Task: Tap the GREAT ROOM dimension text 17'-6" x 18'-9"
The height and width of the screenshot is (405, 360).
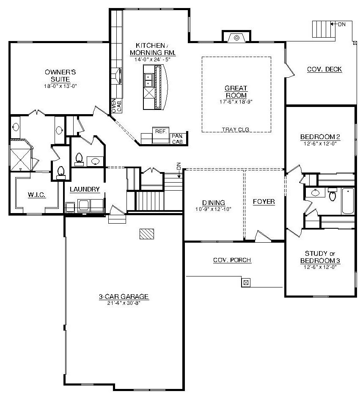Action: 236,101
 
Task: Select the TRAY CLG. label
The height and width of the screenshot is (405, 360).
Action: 236,129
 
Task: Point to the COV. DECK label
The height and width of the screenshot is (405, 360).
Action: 324,69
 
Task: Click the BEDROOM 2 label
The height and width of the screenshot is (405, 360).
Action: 320,137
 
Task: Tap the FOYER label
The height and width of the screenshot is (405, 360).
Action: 264,202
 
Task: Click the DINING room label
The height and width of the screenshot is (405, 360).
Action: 213,202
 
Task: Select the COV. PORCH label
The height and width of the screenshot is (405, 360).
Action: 232,260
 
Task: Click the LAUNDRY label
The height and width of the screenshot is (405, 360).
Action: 85,189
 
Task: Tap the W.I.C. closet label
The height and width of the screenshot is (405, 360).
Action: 37,194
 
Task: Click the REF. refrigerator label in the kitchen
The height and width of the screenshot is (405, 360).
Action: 160,131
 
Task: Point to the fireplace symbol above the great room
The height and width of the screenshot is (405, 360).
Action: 236,38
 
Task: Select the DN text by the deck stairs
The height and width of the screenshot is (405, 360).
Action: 341,24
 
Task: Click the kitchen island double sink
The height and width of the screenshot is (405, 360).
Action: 148,80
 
